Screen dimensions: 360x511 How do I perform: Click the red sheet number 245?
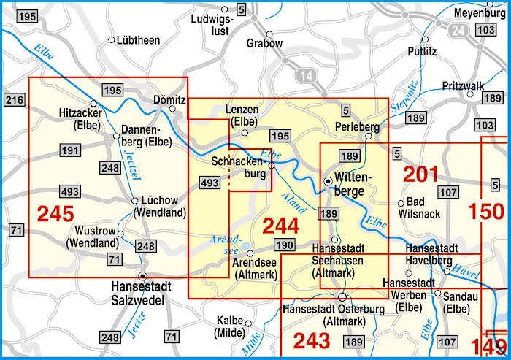(x=55, y=214)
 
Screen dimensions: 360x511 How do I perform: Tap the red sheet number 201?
(x=421, y=174)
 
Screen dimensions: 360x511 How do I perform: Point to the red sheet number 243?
(x=312, y=340)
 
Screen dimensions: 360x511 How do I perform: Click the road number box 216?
(x=13, y=100)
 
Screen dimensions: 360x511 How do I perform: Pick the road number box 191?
(x=70, y=150)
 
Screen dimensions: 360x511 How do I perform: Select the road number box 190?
(x=284, y=245)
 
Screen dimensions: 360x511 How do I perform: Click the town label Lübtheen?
(x=138, y=40)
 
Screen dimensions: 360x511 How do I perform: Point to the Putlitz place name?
(x=423, y=52)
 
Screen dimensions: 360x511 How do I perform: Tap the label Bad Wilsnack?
(x=419, y=208)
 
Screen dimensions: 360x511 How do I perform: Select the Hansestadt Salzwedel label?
(x=141, y=294)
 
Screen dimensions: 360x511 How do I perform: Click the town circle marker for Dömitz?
(x=172, y=110)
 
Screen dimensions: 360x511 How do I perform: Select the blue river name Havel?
(x=469, y=269)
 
